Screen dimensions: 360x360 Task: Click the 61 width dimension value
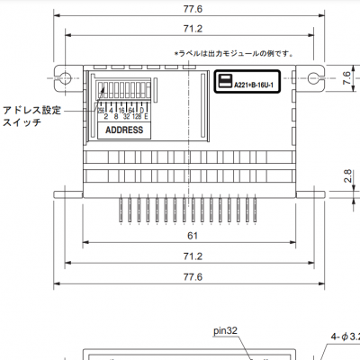coord(193,235)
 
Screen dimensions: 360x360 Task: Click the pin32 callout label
coord(226,330)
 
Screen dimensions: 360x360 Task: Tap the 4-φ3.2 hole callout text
coord(344,336)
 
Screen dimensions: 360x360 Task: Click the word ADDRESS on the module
coord(124,130)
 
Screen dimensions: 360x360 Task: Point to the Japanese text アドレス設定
coord(31,109)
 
